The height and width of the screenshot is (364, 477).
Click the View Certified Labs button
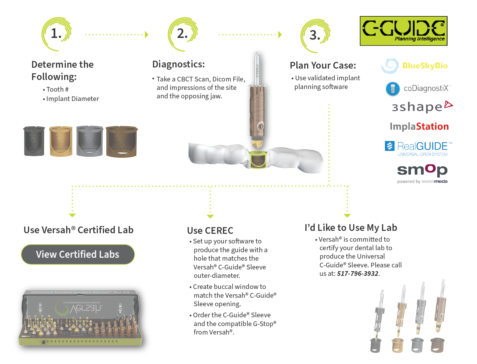[x=78, y=254]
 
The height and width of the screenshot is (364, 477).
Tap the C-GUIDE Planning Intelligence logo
[x=403, y=31]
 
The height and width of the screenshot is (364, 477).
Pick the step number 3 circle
[x=315, y=35]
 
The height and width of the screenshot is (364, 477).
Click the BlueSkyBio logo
[x=415, y=66]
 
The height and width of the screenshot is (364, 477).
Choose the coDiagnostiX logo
[x=418, y=88]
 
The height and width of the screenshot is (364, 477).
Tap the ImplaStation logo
[x=419, y=126]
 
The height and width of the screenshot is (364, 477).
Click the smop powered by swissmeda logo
[x=422, y=174]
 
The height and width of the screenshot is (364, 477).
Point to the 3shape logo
[x=422, y=107]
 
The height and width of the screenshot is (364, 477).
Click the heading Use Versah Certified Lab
[x=78, y=230]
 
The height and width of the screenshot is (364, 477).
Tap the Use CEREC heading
[x=210, y=231]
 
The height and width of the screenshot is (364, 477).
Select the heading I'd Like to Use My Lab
[x=351, y=228]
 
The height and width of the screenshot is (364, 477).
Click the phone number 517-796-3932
[x=358, y=274]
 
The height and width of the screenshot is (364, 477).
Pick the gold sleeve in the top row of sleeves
[x=61, y=142]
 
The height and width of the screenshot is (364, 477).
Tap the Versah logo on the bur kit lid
[x=79, y=308]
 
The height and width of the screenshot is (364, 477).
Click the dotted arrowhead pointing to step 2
[x=147, y=35]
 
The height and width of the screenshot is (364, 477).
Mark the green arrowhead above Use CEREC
[x=210, y=216]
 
